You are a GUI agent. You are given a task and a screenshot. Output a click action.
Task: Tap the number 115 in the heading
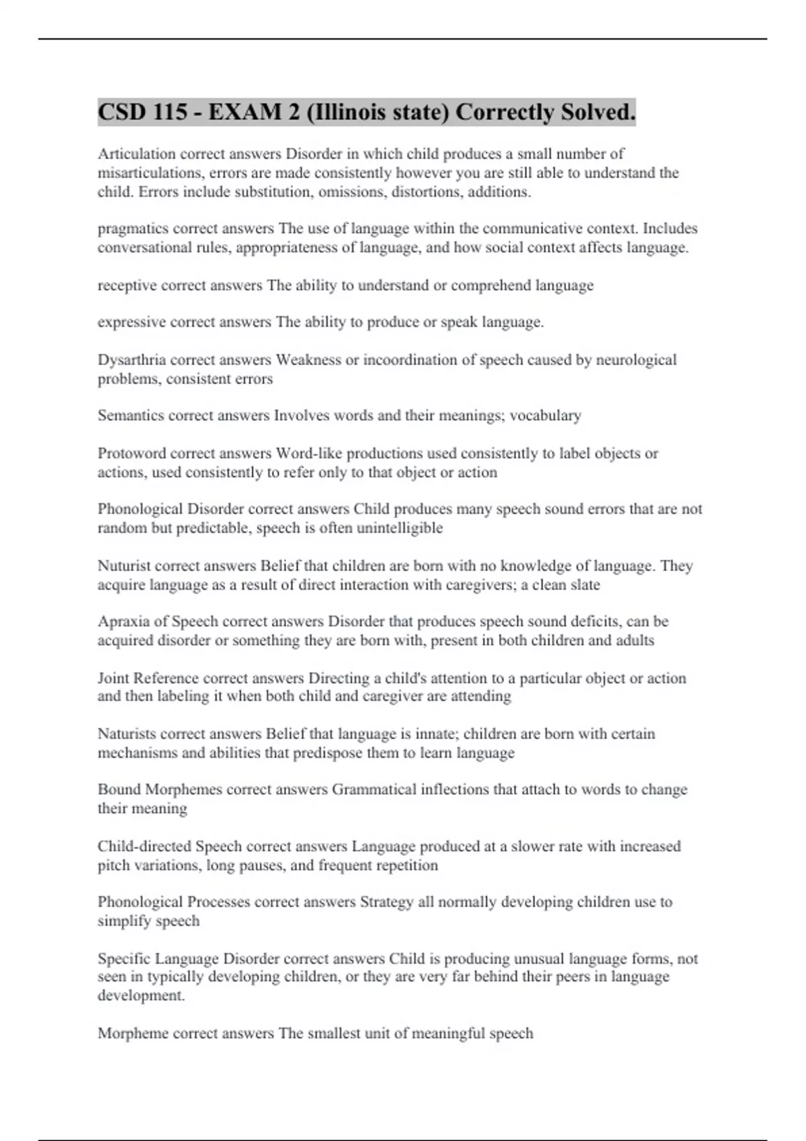pyautogui.click(x=170, y=112)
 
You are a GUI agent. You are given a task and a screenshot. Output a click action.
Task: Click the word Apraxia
pyautogui.click(x=122, y=622)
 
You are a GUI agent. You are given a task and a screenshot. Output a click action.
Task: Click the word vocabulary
pyautogui.click(x=545, y=415)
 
